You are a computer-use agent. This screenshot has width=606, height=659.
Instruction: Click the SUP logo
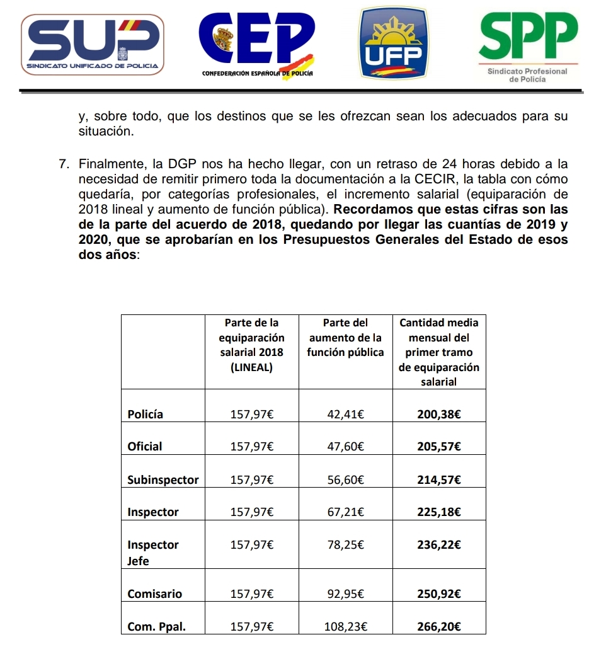point(93,44)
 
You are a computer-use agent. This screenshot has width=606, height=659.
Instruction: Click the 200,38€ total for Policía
point(439,414)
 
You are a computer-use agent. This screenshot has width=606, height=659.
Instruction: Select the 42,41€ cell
point(345,414)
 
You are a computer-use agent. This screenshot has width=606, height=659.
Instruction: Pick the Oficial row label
point(145,447)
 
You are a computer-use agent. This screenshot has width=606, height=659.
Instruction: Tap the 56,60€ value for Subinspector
point(345,479)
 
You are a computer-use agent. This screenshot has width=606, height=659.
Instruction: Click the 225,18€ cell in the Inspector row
point(439,512)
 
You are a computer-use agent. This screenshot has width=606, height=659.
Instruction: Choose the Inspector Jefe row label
point(153,553)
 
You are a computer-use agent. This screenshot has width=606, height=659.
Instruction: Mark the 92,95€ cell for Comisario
point(345,594)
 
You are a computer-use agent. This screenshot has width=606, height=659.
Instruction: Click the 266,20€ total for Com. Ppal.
point(439,627)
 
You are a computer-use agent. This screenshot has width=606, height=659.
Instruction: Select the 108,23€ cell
point(345,627)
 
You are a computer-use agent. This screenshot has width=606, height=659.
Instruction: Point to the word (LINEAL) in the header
point(251,367)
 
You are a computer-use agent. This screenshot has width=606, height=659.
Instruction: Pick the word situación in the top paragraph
point(106,132)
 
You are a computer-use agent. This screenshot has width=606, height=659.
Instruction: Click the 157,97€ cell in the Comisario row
point(251,594)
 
